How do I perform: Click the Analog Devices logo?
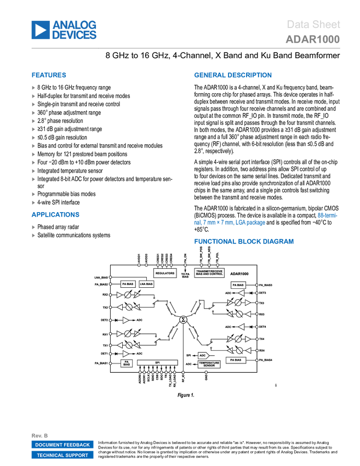click(x=64, y=30)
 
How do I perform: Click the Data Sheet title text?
click(x=314, y=25)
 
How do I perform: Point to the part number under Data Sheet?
click(x=313, y=39)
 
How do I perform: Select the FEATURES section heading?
click(x=49, y=76)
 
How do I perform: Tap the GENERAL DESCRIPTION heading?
click(x=232, y=76)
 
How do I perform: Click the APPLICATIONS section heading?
click(x=55, y=214)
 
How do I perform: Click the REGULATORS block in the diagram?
click(x=165, y=272)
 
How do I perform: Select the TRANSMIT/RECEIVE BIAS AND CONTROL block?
click(x=209, y=272)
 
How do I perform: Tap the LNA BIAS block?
click(x=146, y=284)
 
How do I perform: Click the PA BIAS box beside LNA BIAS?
click(x=128, y=284)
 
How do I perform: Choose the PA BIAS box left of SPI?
click(x=127, y=363)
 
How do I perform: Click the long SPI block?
click(x=157, y=362)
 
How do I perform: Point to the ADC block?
click(x=203, y=355)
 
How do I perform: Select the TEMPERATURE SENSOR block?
click(x=209, y=363)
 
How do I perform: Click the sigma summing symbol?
click(x=184, y=319)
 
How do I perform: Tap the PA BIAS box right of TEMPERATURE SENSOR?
click(x=236, y=360)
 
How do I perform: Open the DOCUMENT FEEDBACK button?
click(x=62, y=445)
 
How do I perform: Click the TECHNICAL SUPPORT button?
click(x=62, y=455)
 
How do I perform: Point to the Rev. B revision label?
click(x=40, y=435)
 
